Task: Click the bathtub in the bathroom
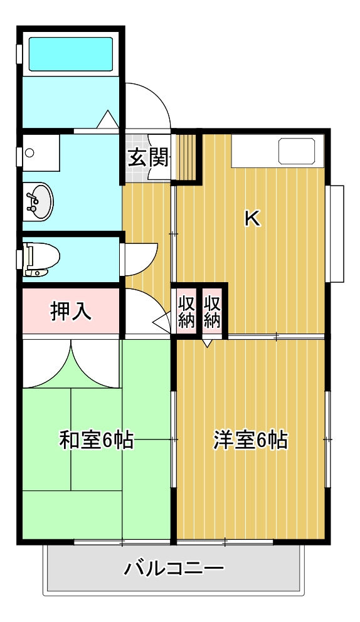[x=71, y=54]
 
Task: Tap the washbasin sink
[x=38, y=201]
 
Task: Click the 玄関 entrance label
[x=148, y=157]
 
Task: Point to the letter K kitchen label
[x=251, y=218]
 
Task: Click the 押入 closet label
[x=71, y=311]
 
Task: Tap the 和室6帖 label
[x=96, y=440]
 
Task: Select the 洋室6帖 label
[x=250, y=440]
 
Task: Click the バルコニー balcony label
[x=174, y=569]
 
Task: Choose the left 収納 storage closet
[x=186, y=311]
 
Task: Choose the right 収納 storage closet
[x=213, y=311]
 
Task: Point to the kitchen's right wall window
[x=337, y=233]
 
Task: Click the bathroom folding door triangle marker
[x=107, y=119]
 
